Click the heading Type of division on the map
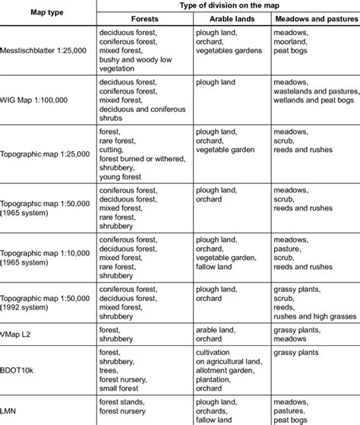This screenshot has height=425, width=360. click(228, 5)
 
